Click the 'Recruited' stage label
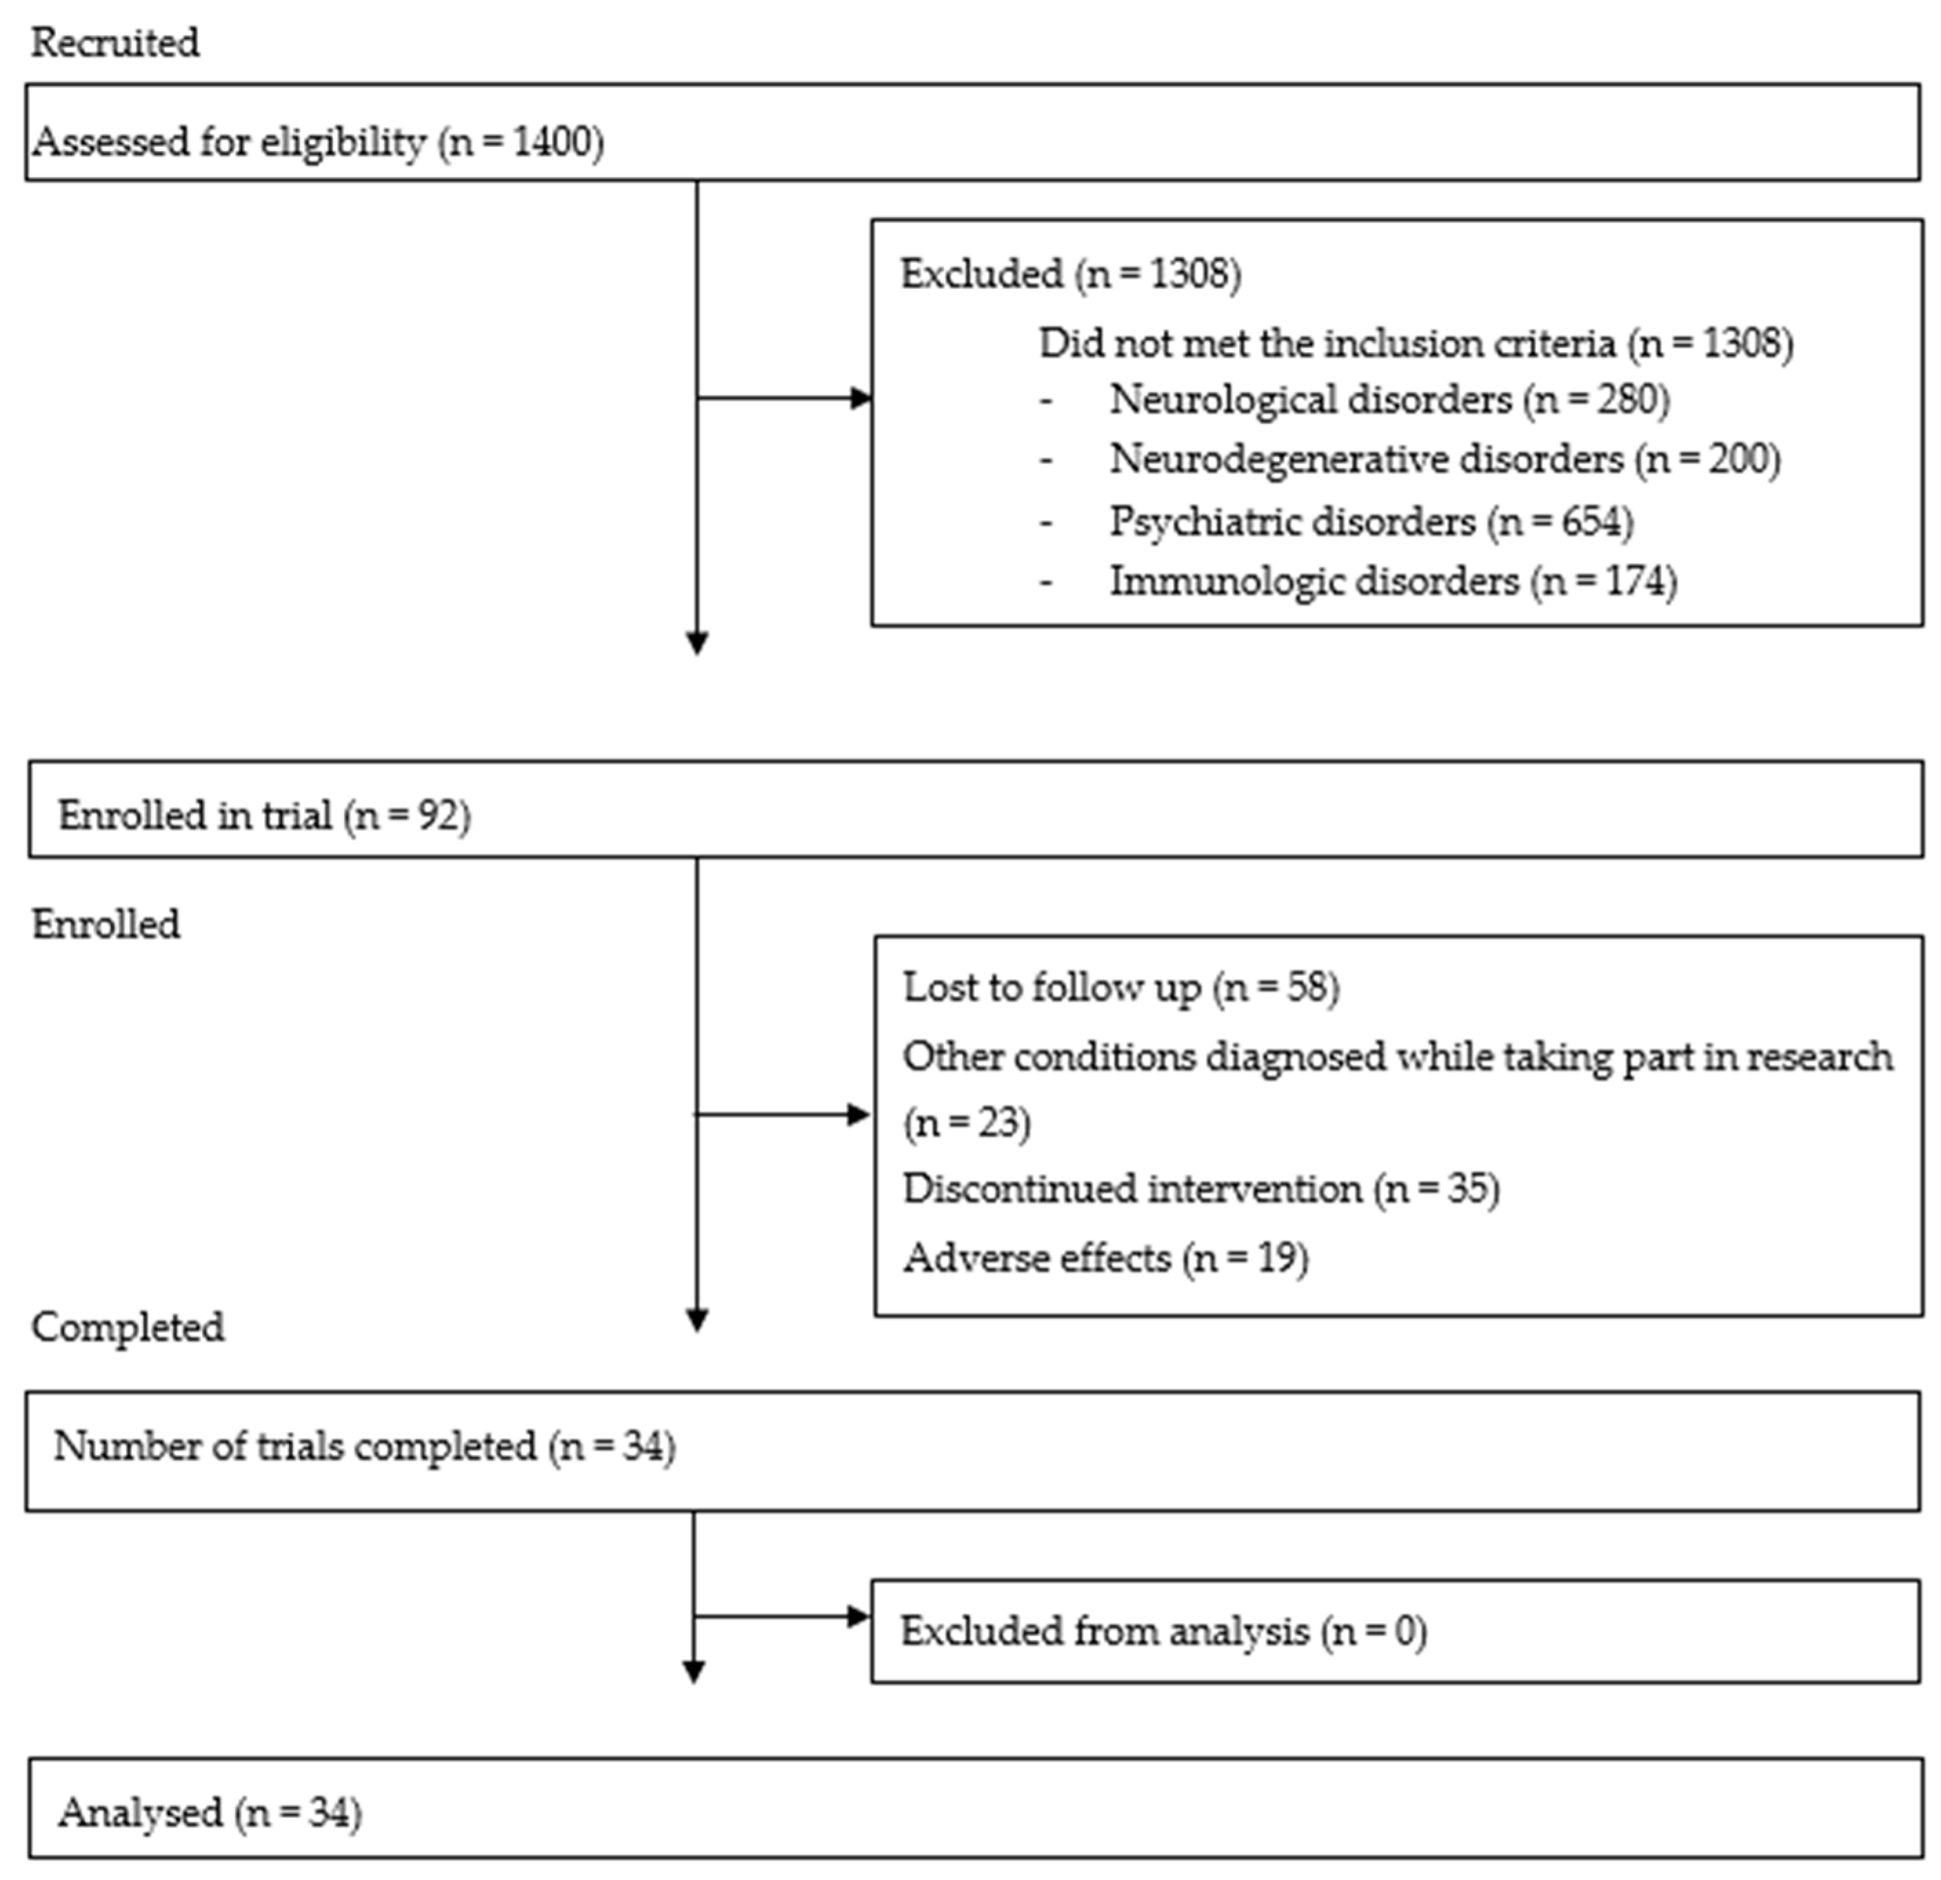coord(115,43)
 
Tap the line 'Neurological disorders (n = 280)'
coord(1389,399)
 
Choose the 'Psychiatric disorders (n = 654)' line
coord(1371,521)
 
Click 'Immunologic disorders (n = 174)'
coord(1392,581)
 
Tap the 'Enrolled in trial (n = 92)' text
coord(263,816)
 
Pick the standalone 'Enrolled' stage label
coord(106,923)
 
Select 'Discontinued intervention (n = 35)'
coord(1200,1188)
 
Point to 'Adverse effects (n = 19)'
coord(1105,1258)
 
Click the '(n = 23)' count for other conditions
coord(967,1123)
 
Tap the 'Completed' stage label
coord(128,1327)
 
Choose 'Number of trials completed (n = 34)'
coord(365,1447)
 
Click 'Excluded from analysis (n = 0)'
coord(1163,1631)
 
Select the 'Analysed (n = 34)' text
coord(210,1812)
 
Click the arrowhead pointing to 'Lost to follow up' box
coord(860,1116)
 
